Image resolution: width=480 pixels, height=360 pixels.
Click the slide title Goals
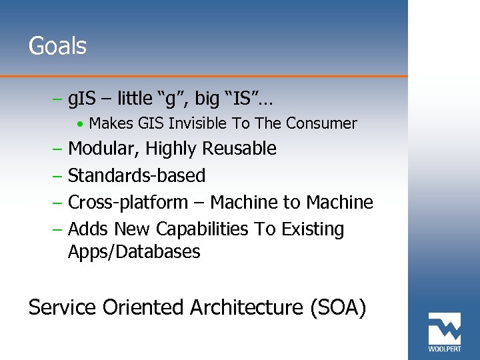(x=57, y=47)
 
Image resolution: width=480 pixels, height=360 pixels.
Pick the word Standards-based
(x=137, y=175)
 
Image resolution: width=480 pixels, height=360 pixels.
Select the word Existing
(x=312, y=229)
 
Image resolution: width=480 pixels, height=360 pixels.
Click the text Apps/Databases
(x=134, y=252)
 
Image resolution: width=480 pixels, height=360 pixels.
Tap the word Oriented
(x=143, y=308)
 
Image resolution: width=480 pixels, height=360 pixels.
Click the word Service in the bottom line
(x=63, y=308)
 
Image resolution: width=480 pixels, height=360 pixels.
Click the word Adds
(x=89, y=229)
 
